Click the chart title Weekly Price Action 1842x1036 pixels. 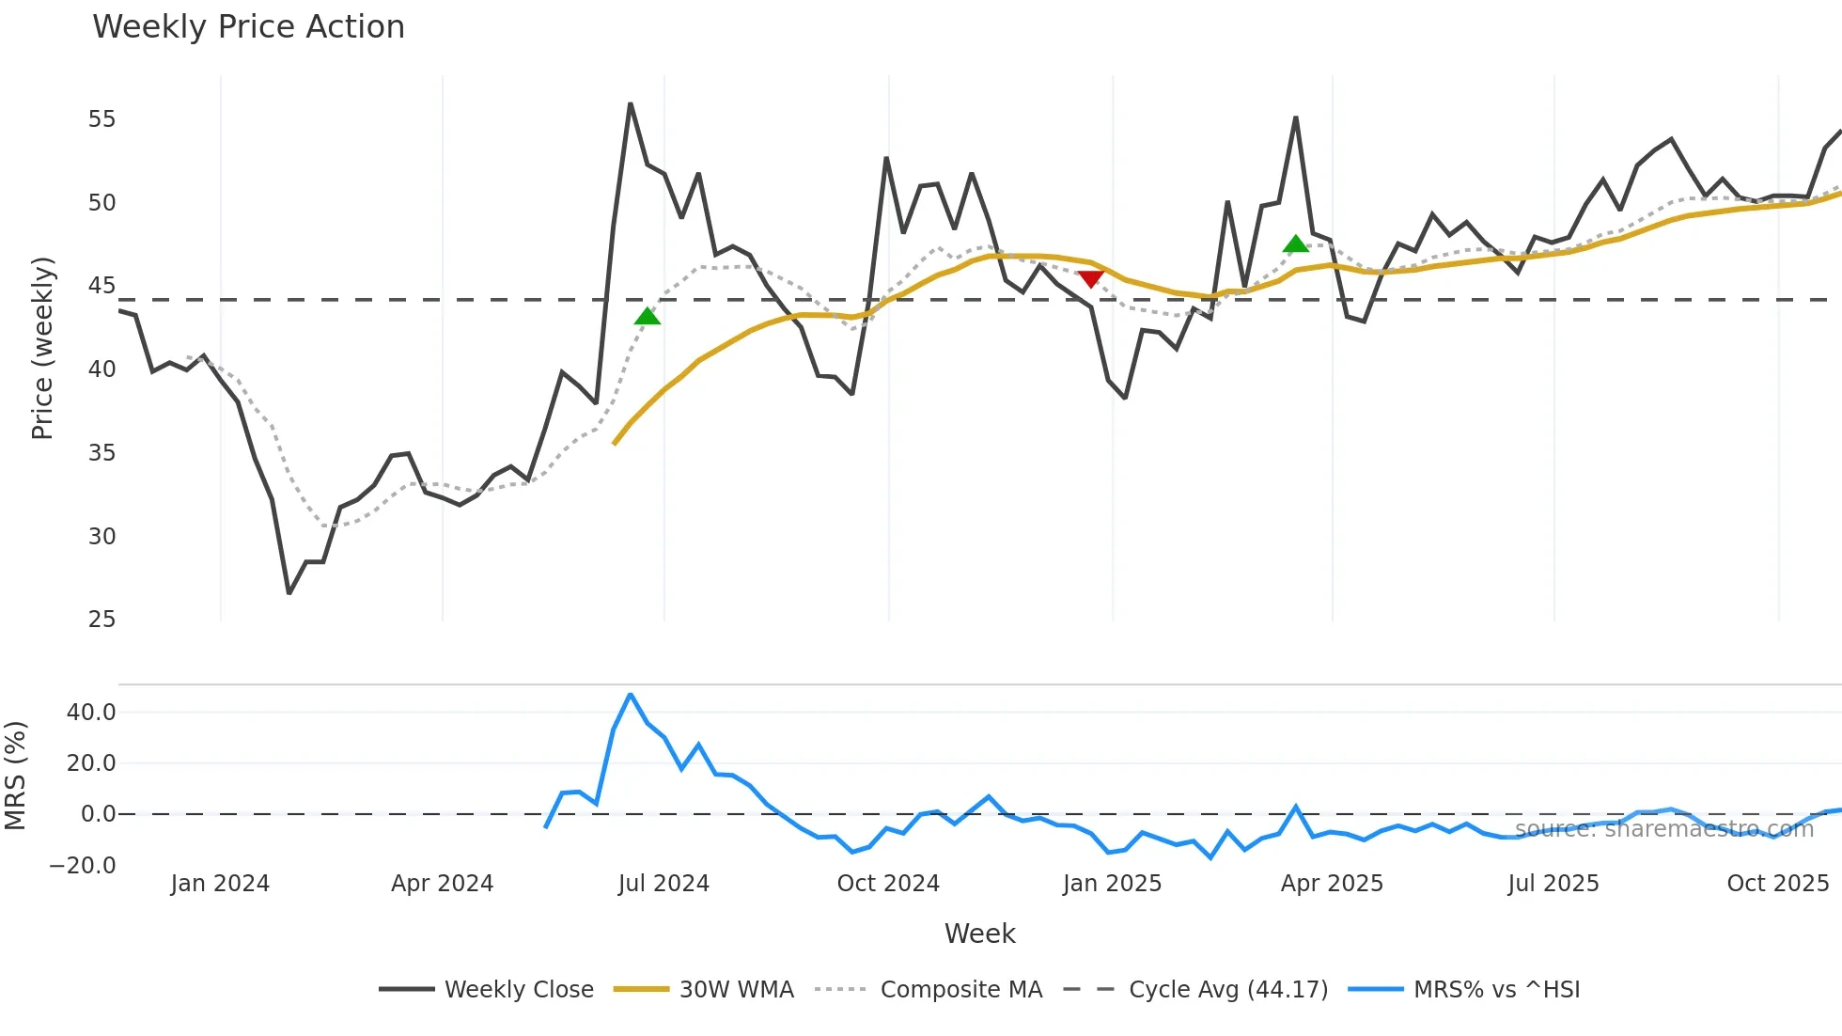click(x=248, y=27)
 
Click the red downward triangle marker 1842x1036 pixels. click(x=1090, y=279)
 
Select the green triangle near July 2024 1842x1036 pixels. click(x=648, y=317)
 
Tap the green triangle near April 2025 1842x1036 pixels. click(x=1296, y=244)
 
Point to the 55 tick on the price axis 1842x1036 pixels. click(x=101, y=119)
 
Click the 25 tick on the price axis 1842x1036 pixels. click(x=101, y=620)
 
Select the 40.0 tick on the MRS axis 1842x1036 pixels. click(x=91, y=713)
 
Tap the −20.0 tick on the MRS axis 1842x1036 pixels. click(x=83, y=866)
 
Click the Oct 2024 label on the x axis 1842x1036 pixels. click(x=888, y=884)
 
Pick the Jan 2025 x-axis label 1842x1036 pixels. click(x=1112, y=884)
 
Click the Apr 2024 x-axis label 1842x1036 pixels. click(x=442, y=884)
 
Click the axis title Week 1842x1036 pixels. click(x=979, y=934)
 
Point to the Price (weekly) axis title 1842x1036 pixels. click(x=42, y=348)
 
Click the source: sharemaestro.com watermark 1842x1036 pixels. click(x=1663, y=829)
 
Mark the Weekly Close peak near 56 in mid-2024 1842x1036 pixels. click(x=630, y=104)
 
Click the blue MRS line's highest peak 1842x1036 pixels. click(x=630, y=695)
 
